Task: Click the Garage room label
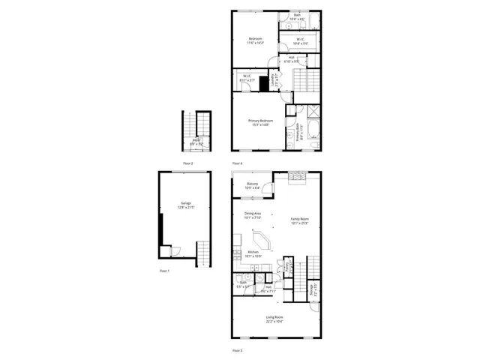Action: click(185, 205)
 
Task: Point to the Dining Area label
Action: click(252, 215)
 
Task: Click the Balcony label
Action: click(253, 185)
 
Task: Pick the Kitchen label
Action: click(253, 253)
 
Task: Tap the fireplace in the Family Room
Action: click(299, 177)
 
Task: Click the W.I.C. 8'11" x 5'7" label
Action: click(247, 77)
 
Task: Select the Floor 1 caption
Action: click(165, 270)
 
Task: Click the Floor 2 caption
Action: click(187, 163)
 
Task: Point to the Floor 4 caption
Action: click(237, 163)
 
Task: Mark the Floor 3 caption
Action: click(237, 350)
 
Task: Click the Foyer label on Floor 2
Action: click(196, 141)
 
